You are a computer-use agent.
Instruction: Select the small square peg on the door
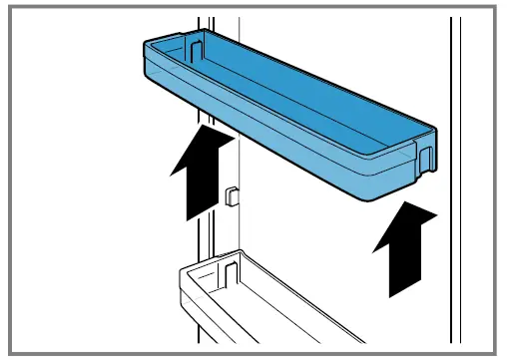[232, 193]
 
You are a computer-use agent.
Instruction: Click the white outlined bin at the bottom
[259, 299]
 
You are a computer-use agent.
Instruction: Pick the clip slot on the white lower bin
[229, 272]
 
